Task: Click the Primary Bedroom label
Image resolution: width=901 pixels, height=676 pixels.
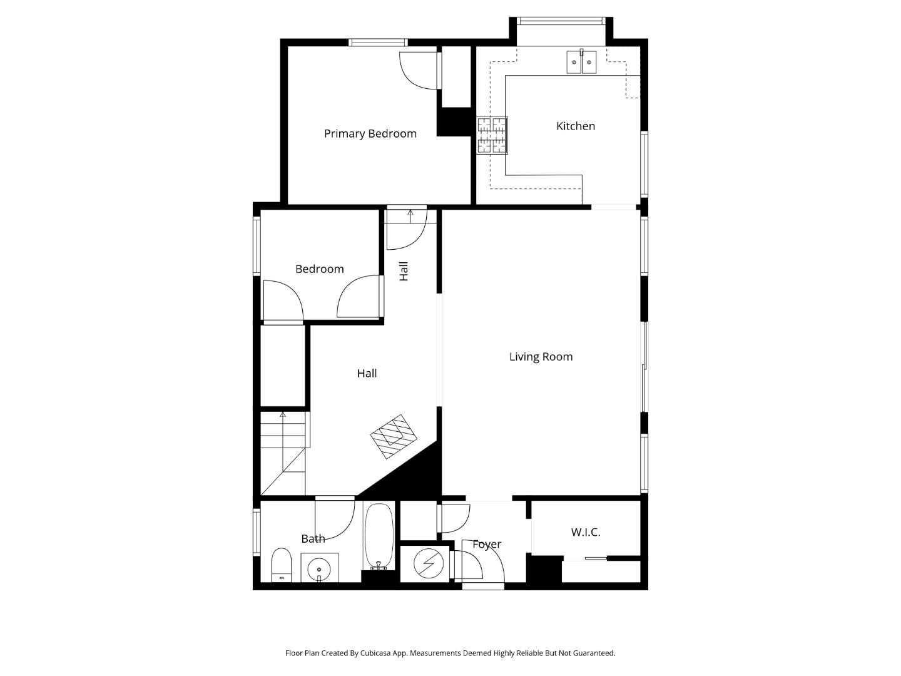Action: pyautogui.click(x=370, y=133)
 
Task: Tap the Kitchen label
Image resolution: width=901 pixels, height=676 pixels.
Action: pyautogui.click(x=575, y=126)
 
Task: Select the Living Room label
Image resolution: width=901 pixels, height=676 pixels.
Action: pyautogui.click(x=541, y=357)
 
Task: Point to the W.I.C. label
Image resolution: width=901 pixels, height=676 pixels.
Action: pyautogui.click(x=585, y=532)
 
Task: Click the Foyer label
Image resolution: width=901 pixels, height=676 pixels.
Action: pyautogui.click(x=486, y=545)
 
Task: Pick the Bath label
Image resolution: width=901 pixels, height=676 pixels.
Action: pyautogui.click(x=313, y=538)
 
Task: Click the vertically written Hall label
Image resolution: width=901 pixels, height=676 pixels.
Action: pyautogui.click(x=404, y=271)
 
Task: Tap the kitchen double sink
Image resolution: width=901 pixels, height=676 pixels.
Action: pyautogui.click(x=581, y=62)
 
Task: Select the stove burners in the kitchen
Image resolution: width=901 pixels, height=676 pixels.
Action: pyautogui.click(x=492, y=135)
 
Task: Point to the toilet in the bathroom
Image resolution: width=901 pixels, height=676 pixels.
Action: pyautogui.click(x=282, y=565)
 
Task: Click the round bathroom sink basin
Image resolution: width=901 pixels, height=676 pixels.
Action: pyautogui.click(x=319, y=568)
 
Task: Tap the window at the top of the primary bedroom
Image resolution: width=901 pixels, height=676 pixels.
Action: pyautogui.click(x=378, y=43)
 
